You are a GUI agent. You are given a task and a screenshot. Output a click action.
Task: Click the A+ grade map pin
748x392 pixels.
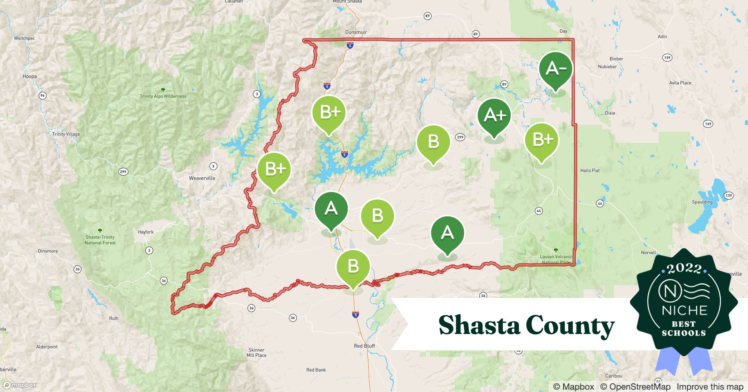tap(494, 116)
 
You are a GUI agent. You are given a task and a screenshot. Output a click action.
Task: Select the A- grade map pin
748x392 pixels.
tap(555, 69)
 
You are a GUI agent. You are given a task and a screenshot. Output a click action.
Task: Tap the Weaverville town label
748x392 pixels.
tap(202, 178)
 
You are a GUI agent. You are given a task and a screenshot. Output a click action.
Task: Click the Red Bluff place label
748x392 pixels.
tap(364, 346)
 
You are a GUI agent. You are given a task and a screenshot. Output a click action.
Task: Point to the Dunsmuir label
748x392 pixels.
tap(356, 32)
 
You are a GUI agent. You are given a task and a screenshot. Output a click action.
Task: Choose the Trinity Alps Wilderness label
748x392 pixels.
tap(163, 96)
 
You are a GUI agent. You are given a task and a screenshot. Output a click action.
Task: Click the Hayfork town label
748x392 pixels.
tap(146, 232)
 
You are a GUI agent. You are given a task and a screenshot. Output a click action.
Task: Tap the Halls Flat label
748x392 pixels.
tap(590, 171)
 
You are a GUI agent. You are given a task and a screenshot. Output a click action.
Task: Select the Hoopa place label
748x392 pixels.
tap(30, 76)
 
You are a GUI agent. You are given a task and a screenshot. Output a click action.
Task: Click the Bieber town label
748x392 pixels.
tap(616, 59)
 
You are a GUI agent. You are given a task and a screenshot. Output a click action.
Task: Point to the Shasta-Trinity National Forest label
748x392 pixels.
tap(100, 240)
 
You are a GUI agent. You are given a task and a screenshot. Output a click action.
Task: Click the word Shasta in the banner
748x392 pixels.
tap(479, 325)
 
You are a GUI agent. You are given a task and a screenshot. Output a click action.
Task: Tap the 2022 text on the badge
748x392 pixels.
tap(684, 269)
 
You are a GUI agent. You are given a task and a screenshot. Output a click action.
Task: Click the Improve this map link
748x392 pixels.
tap(710, 387)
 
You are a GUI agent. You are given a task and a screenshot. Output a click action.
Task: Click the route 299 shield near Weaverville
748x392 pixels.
tap(123, 172)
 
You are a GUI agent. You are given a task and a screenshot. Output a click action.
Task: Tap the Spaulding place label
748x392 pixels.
tap(702, 202)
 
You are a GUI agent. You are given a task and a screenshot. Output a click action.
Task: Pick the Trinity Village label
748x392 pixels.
tap(66, 134)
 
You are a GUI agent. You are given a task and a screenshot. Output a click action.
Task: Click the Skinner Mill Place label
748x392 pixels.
tap(257, 352)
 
